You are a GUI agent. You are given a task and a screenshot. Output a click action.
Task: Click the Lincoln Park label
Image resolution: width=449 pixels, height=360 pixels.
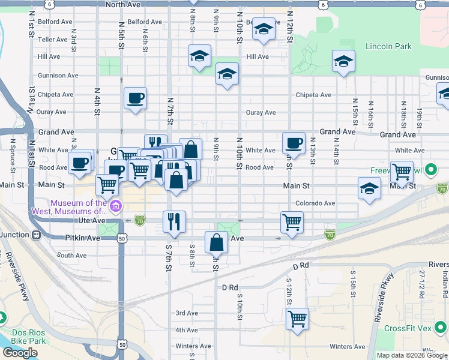388,46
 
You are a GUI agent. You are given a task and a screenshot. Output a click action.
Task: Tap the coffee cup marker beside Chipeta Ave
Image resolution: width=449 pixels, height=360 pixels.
135,98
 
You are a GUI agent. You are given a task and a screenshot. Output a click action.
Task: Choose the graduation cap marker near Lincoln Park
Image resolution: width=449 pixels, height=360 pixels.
343,61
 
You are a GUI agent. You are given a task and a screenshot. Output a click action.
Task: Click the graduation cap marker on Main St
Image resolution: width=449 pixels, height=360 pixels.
369,188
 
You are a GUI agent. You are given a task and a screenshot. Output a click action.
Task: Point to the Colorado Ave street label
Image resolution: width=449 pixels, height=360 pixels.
315,203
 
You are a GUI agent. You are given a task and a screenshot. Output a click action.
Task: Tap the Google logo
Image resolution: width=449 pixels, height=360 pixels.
20,353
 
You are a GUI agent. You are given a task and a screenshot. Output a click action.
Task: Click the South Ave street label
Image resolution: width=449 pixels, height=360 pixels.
72,256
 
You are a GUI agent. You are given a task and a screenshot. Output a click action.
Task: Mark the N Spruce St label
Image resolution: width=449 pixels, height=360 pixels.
12,154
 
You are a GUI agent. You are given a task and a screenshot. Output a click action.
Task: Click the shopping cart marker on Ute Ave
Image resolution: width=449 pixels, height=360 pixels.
292,222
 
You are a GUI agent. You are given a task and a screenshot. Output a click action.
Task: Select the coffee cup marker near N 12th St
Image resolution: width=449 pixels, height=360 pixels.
294,142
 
